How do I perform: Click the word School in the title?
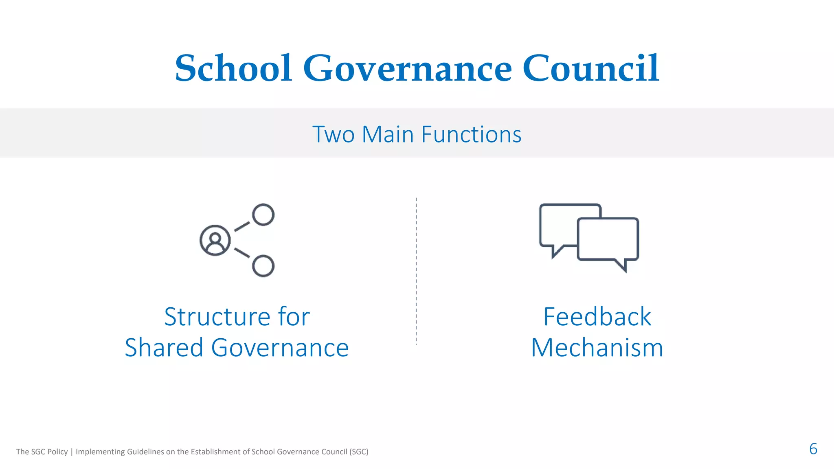point(233,68)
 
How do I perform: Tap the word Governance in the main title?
point(407,68)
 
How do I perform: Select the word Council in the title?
point(590,68)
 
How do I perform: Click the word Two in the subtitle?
point(334,134)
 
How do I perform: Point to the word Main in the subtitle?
point(388,134)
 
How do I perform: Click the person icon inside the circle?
point(215,241)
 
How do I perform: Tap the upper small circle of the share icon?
point(263,215)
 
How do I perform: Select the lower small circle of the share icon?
point(263,266)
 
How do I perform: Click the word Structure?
point(217,317)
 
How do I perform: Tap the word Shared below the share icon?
point(164,348)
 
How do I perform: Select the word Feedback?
point(597,317)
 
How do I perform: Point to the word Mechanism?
point(597,348)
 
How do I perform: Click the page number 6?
point(813,449)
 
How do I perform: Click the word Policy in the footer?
point(57,452)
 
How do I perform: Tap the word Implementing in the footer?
point(100,452)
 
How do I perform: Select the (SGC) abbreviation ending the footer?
point(359,452)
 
